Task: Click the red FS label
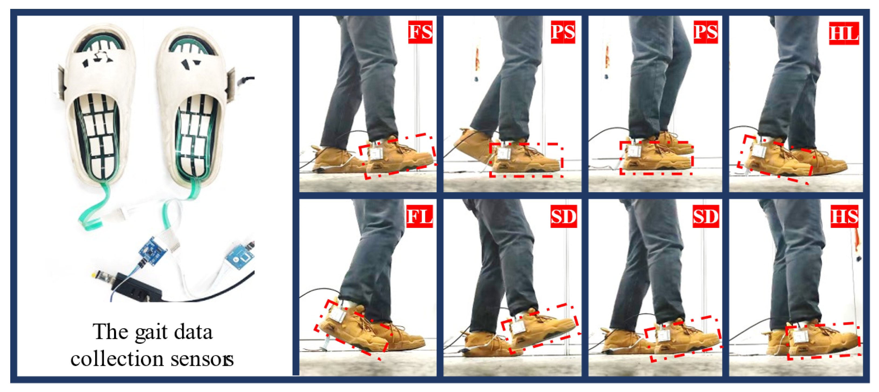point(420,32)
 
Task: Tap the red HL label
point(844,33)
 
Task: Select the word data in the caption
point(194,332)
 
